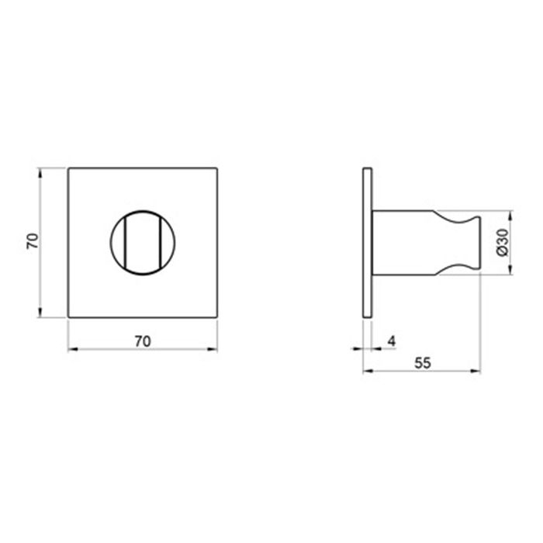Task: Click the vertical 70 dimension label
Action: pos(33,241)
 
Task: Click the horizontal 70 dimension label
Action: pos(143,341)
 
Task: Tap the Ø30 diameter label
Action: pos(502,242)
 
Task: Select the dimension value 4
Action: pos(391,341)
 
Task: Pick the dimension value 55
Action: pos(423,363)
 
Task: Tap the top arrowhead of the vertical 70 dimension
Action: pos(40,173)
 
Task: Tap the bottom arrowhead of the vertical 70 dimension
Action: pos(40,313)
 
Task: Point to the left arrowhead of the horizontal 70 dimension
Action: pos(73,349)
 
